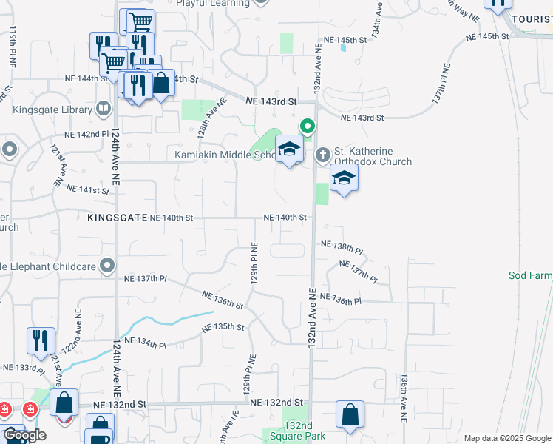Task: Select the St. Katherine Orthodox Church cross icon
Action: (322, 155)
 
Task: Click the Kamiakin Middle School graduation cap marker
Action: (289, 150)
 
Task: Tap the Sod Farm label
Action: (530, 275)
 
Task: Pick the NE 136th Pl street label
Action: (342, 301)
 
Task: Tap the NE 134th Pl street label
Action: (146, 341)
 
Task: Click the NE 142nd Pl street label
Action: (87, 134)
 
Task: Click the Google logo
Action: (24, 435)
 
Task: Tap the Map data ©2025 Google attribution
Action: (507, 438)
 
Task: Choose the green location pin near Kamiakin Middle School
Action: (309, 127)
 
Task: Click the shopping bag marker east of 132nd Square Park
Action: (349, 416)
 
